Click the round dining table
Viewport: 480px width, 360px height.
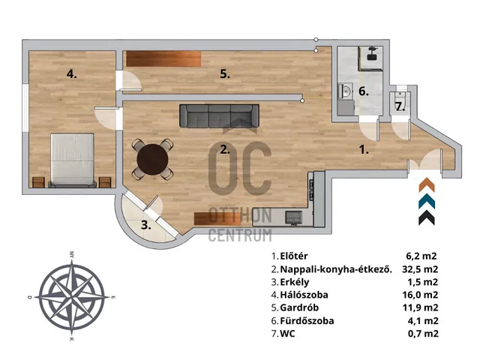[x=152, y=159]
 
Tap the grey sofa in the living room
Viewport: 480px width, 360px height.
[x=219, y=116]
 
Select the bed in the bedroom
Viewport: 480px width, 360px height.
[x=72, y=160]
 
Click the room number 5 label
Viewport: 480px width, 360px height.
[x=225, y=74]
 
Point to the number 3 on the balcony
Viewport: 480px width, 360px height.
[x=146, y=225]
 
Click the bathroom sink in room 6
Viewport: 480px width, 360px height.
[x=346, y=91]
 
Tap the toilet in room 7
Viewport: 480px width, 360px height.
[x=400, y=97]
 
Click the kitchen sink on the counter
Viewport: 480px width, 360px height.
[x=293, y=217]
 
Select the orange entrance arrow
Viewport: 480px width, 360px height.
[x=427, y=184]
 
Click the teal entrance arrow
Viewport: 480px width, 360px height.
[x=427, y=201]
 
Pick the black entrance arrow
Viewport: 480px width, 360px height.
[x=427, y=218]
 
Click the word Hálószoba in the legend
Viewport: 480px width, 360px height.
[x=304, y=295]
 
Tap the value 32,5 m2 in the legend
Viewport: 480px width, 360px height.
[x=420, y=269]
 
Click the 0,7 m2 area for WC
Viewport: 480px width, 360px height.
[x=423, y=333]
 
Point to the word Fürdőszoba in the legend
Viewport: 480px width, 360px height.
[x=307, y=321]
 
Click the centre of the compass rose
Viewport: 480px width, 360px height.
[x=72, y=297]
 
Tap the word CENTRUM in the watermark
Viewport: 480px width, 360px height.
[x=240, y=235]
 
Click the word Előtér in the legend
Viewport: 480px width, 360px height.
[x=294, y=256]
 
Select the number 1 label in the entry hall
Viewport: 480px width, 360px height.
[x=363, y=150]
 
